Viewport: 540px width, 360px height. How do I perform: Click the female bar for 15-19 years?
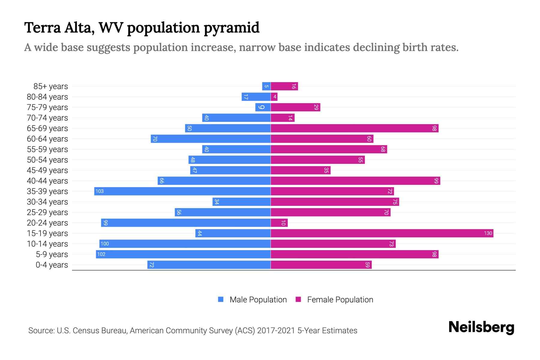pyautogui.click(x=382, y=233)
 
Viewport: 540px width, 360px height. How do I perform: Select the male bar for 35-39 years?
pyautogui.click(x=182, y=191)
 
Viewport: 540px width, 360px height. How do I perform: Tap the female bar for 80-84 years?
pyautogui.click(x=274, y=97)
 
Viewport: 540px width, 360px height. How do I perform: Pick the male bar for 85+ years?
pyautogui.click(x=266, y=86)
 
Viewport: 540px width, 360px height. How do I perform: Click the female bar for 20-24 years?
pyautogui.click(x=279, y=223)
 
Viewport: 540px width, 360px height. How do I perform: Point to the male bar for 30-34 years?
pyautogui.click(x=241, y=202)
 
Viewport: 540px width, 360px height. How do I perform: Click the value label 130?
pyautogui.click(x=488, y=233)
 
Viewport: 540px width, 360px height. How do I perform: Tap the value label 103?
pyautogui.click(x=100, y=191)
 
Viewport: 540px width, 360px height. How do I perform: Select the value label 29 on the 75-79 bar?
pyautogui.click(x=316, y=107)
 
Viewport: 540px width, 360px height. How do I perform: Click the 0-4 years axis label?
pyautogui.click(x=52, y=265)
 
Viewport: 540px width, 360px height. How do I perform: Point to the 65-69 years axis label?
pyautogui.click(x=47, y=128)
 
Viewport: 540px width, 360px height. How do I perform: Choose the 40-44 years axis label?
pyautogui.click(x=47, y=181)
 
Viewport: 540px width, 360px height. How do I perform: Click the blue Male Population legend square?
pyautogui.click(x=221, y=299)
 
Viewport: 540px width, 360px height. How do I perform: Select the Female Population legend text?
pyautogui.click(x=340, y=299)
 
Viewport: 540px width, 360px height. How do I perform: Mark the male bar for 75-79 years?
pyautogui.click(x=263, y=107)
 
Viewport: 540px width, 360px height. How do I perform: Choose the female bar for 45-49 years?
pyautogui.click(x=300, y=170)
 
